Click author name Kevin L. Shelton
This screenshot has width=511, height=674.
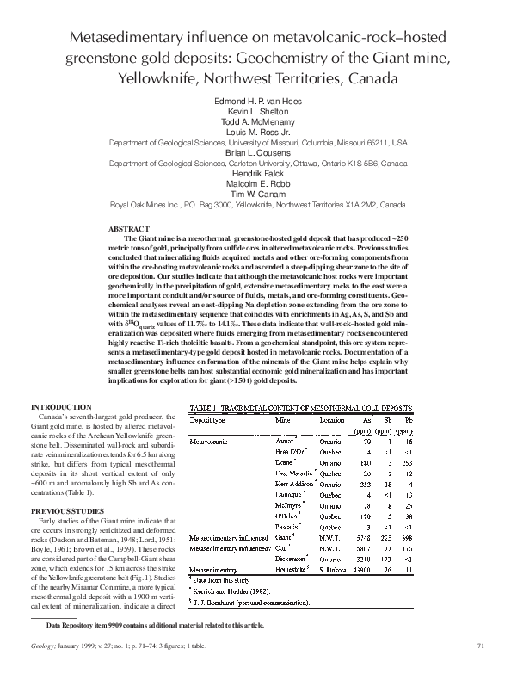(255, 112)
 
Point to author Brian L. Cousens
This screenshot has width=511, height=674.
(255, 151)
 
